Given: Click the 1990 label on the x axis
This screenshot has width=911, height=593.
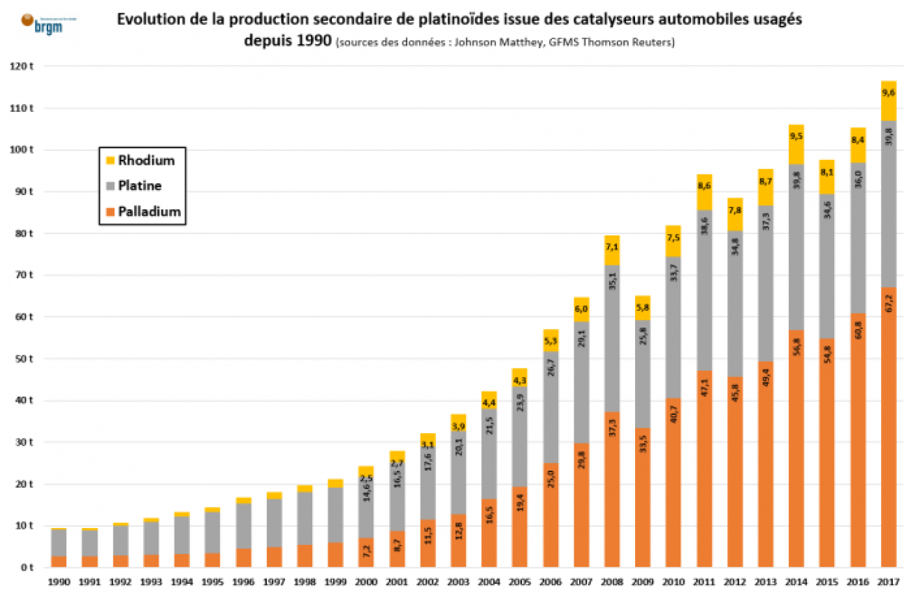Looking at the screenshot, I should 59,582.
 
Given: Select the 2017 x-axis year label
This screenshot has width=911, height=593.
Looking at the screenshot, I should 888,582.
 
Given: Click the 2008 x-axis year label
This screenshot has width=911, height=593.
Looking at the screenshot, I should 611,582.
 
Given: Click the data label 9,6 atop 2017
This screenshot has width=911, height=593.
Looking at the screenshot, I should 889,94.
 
